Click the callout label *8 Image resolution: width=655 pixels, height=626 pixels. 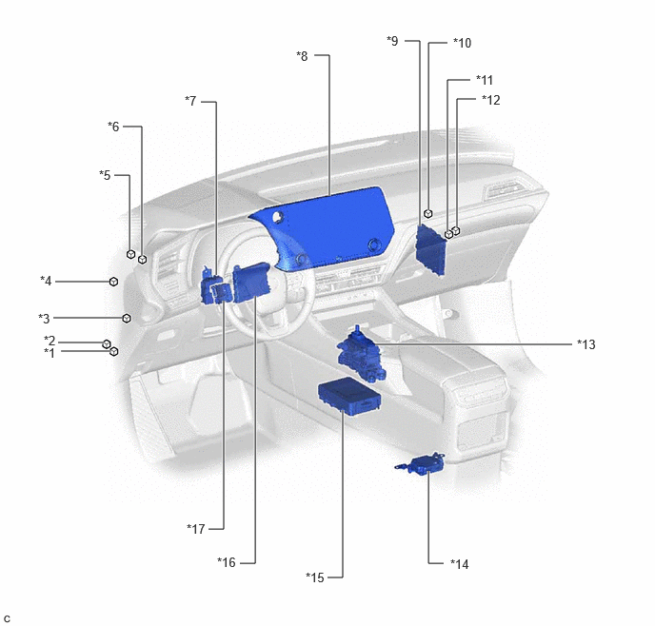click(302, 56)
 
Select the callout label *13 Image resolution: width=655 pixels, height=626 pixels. click(586, 344)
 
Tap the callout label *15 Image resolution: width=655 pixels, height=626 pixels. click(315, 577)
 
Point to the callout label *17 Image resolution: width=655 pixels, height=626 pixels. click(196, 529)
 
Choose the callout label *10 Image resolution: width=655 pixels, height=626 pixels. click(462, 43)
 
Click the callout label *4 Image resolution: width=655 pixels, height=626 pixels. click(46, 281)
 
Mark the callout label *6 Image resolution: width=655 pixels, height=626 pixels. click(113, 126)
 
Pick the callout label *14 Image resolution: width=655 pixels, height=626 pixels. click(460, 564)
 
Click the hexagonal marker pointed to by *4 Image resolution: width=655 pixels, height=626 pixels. click(113, 282)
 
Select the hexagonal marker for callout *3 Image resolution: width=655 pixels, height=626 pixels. click(127, 319)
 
